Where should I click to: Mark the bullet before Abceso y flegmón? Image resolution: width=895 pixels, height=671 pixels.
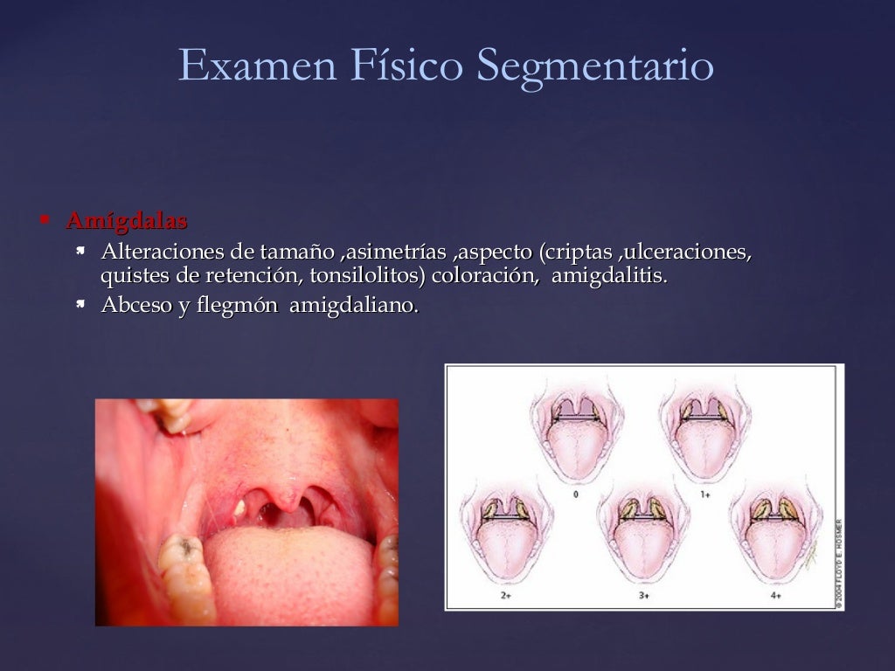(80, 304)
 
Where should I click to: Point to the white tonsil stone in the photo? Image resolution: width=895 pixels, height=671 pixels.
(239, 506)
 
